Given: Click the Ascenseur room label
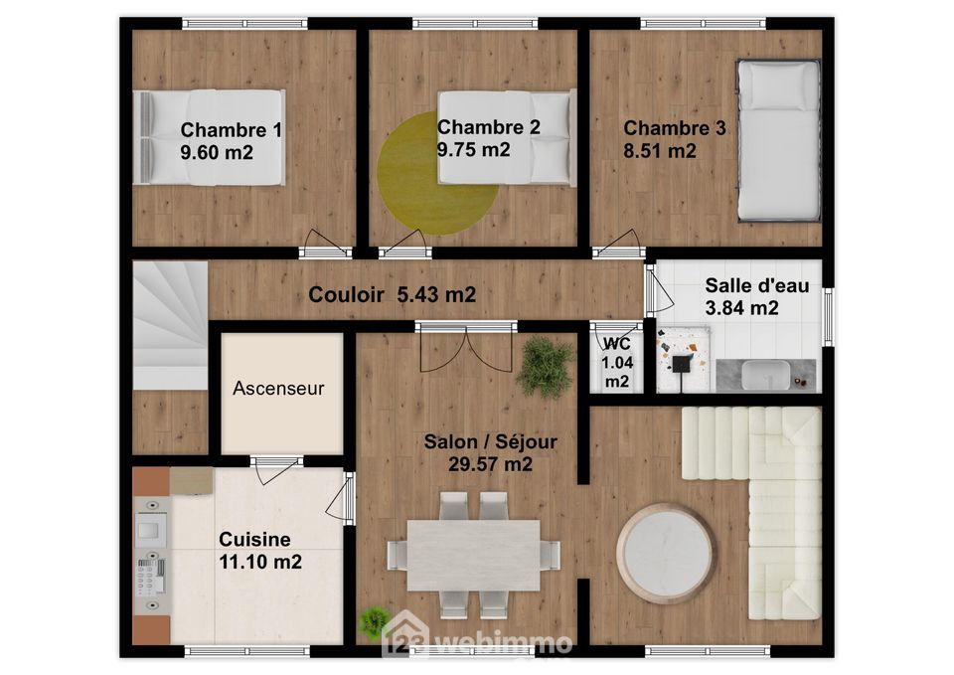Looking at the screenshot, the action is coord(278,389).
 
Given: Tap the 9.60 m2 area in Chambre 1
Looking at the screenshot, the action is coord(217,152).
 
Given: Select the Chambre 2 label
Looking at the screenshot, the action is coord(489,127).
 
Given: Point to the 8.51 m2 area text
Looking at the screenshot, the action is coord(660,150).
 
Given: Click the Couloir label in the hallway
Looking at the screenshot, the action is coord(346,294).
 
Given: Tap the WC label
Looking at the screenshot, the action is coord(617,345).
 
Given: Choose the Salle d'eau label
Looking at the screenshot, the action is coord(757,285).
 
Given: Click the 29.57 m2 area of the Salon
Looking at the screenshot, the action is coord(490,464).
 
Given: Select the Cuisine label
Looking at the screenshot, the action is coord(254,539).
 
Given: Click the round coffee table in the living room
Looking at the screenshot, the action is coord(665,554).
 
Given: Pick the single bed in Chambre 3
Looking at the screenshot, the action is coord(778,140).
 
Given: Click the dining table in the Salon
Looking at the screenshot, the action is coord(473,555).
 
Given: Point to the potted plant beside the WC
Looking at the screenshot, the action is coord(546,368).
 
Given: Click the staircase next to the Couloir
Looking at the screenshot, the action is coord(170,326).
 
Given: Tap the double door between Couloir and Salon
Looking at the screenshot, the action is coord(466,347).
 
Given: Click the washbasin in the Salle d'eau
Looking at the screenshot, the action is coord(765,375).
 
